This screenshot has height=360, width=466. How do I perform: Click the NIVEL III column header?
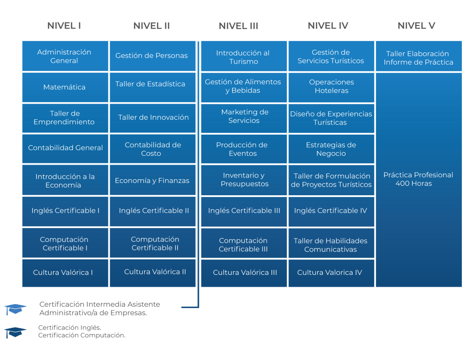tap(238, 26)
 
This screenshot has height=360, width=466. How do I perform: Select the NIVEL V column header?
tap(416, 26)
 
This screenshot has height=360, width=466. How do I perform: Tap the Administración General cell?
tap(64, 56)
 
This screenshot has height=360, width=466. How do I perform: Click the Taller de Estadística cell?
tap(150, 84)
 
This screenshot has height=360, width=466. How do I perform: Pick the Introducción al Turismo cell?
tap(243, 57)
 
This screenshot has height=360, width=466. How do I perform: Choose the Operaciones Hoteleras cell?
tap(331, 86)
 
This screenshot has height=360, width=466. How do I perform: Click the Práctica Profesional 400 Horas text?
tap(418, 179)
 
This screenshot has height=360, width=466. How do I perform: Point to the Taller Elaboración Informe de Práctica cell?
tap(418, 58)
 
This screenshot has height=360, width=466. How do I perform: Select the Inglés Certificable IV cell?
tap(330, 211)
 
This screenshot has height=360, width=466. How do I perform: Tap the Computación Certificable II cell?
tap(155, 243)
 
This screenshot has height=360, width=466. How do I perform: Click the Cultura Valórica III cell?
tap(245, 273)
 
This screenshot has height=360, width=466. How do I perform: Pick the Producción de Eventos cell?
tap(242, 149)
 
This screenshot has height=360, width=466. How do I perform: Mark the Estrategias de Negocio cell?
tap(331, 149)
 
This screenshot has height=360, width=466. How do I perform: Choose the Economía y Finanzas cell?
tap(152, 181)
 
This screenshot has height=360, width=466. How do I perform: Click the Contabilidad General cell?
tap(66, 148)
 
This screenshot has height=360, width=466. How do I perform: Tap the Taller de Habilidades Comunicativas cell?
tap(330, 245)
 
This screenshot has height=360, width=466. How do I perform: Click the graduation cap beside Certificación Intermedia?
tap(15, 309)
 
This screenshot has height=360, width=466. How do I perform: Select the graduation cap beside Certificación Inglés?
tap(15, 332)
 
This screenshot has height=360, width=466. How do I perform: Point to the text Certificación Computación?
tap(82, 335)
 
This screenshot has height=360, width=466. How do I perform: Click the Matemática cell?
tap(64, 87)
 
